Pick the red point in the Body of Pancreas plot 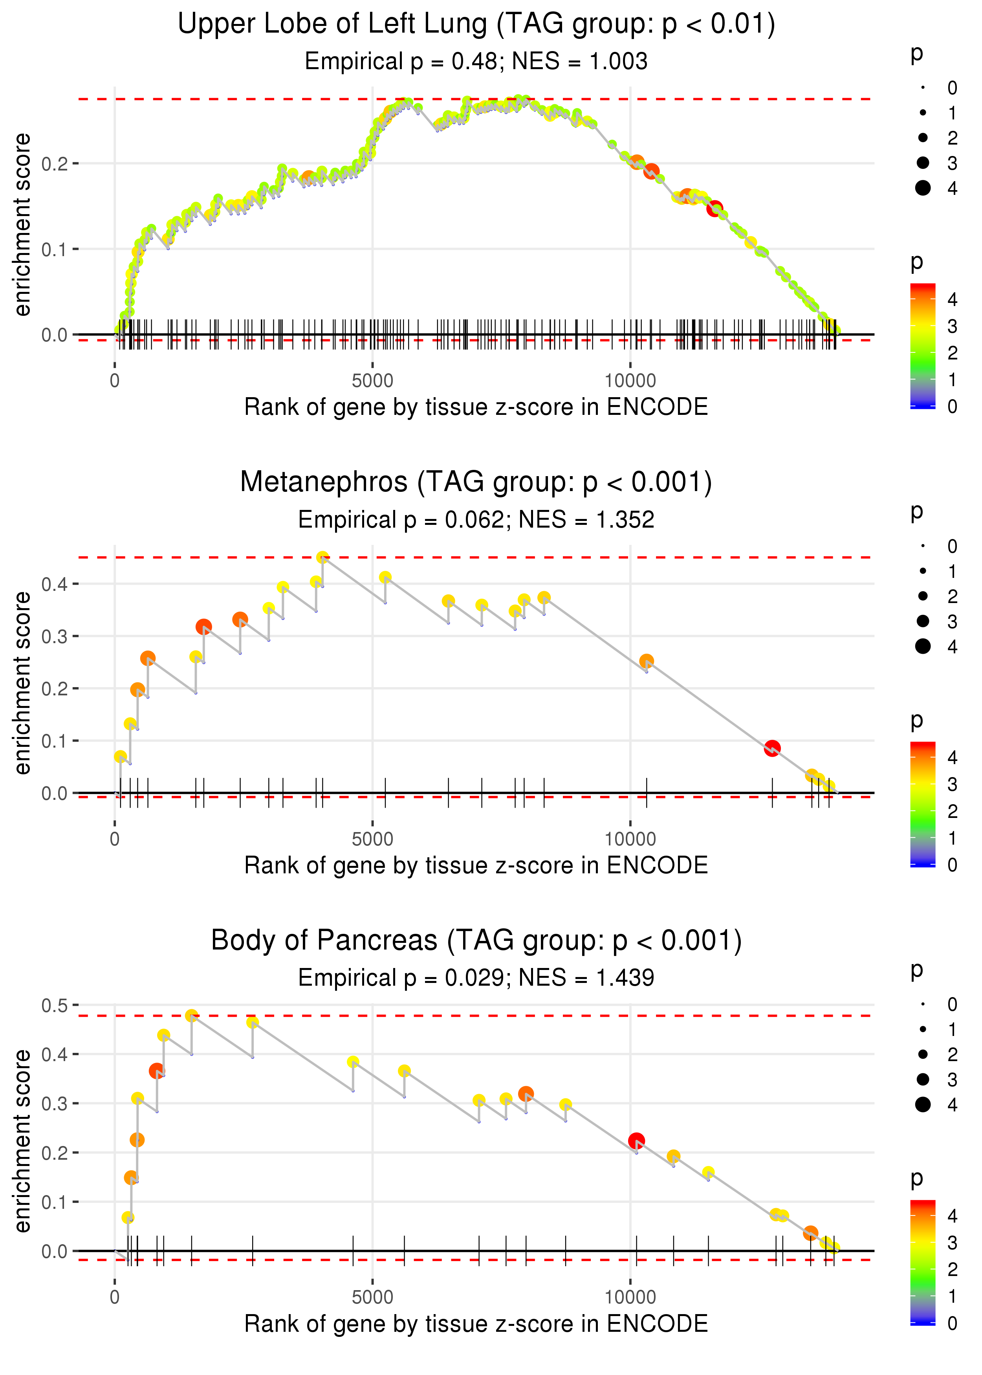636,1141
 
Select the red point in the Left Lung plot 715,209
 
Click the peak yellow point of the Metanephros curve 323,557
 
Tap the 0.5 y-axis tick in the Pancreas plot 55,1005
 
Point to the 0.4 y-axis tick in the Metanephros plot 55,584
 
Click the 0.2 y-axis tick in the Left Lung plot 55,163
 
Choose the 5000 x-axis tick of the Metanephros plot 372,839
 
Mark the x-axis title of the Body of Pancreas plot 476,1324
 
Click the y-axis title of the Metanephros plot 22,683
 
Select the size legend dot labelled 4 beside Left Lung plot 923,188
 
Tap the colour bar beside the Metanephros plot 923,804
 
